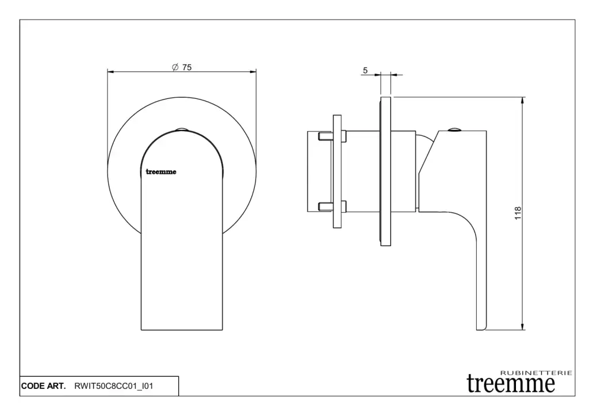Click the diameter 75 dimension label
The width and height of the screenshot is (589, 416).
[x=182, y=67]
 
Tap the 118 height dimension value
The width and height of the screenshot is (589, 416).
[x=518, y=213]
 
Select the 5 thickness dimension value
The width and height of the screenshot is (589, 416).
[x=365, y=71]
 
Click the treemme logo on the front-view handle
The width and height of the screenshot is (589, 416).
[x=161, y=171]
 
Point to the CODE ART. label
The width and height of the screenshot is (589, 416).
[x=43, y=386]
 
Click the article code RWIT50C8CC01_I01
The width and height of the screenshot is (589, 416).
[x=114, y=386]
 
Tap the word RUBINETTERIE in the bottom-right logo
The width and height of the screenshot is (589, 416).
[x=537, y=373]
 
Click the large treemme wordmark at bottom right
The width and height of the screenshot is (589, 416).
[x=511, y=383]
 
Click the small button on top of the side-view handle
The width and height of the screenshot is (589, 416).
[x=454, y=129]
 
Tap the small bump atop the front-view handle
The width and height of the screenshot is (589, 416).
[x=182, y=129]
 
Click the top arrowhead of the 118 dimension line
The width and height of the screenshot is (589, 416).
[x=522, y=101]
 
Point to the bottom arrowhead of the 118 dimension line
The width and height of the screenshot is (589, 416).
[x=522, y=326]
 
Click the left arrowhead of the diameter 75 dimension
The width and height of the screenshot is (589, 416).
[x=112, y=71]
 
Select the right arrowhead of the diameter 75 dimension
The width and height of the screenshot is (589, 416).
[x=252, y=71]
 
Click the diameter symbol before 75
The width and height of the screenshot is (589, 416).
[x=175, y=67]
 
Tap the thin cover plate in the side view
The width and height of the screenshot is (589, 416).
[x=386, y=171]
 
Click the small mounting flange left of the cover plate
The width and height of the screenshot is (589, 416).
[x=337, y=171]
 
